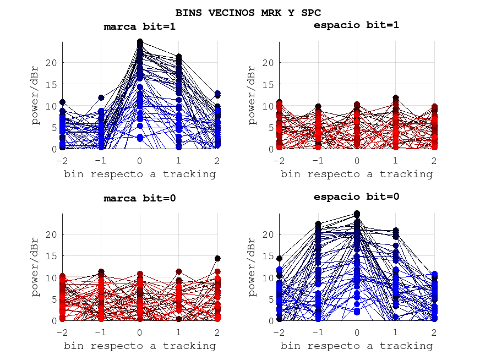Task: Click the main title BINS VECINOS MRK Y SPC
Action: (x=248, y=12)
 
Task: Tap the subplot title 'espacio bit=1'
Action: (x=356, y=25)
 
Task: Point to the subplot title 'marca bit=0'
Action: (x=140, y=198)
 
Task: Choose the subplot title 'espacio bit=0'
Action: (x=356, y=197)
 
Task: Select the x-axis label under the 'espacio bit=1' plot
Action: (x=356, y=174)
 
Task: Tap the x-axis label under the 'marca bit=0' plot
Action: (x=140, y=346)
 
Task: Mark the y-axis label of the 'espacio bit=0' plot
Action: (x=253, y=268)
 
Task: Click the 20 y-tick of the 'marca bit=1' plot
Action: (x=52, y=63)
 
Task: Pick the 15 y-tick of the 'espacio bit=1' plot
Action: (x=269, y=84)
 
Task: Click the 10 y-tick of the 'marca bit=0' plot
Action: (x=52, y=278)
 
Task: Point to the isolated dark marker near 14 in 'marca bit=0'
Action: (x=217, y=258)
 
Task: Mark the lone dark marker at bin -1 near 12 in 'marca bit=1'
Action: (x=101, y=98)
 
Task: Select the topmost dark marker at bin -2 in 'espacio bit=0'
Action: (x=280, y=258)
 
